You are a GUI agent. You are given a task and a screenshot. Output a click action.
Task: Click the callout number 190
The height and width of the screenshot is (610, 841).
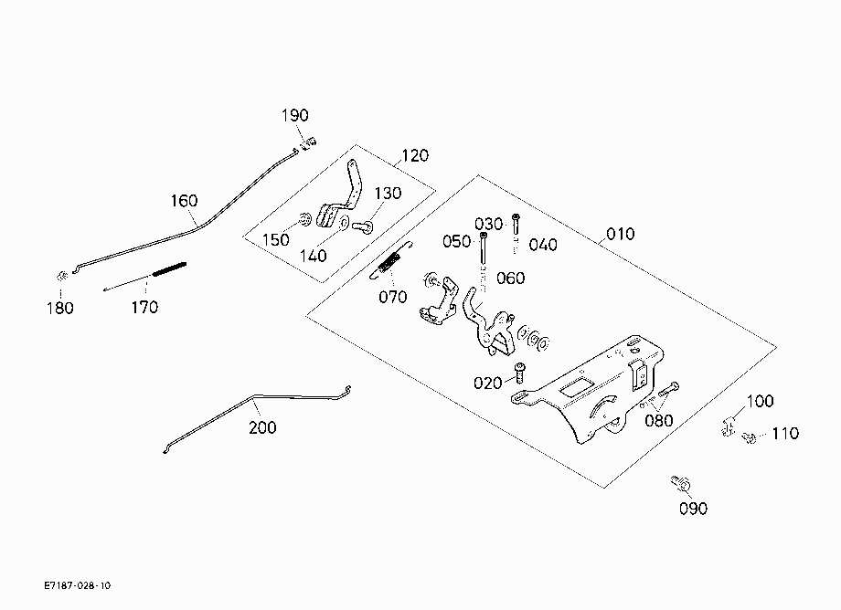295,115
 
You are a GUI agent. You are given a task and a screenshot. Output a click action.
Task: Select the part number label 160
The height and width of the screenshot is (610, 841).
184,201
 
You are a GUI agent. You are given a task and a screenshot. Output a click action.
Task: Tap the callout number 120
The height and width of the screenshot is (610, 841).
415,156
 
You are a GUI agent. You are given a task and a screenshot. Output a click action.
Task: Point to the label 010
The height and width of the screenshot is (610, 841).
621,234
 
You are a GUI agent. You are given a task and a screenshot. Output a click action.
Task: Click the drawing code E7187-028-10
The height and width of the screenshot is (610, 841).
78,585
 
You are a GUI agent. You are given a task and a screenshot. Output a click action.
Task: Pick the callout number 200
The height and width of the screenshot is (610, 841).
263,427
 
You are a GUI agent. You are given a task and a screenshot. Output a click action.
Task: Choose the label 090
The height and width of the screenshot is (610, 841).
694,509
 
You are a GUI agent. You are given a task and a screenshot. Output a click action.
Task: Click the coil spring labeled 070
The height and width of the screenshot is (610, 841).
391,261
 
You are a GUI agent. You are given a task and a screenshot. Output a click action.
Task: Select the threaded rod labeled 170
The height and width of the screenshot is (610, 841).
145,277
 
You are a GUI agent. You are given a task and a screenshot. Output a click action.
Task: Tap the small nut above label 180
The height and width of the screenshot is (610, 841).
61,277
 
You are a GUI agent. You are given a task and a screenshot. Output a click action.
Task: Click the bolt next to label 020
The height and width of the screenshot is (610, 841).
520,373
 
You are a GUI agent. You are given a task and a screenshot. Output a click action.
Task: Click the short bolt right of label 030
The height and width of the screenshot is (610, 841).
516,224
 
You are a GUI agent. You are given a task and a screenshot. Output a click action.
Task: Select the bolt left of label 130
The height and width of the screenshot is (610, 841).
364,227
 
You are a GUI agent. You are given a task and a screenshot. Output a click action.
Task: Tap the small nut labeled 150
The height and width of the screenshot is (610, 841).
305,218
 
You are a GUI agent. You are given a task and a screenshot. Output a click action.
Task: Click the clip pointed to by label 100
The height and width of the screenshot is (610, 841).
729,425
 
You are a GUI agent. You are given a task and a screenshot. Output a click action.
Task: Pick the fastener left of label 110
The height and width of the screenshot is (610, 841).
749,437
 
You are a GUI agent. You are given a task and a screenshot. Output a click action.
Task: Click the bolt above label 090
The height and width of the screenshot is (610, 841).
681,484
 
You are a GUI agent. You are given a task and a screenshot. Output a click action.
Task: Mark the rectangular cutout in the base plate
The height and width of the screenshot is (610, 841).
576,386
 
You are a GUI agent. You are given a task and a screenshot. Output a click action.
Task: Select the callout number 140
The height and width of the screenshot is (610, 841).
314,256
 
